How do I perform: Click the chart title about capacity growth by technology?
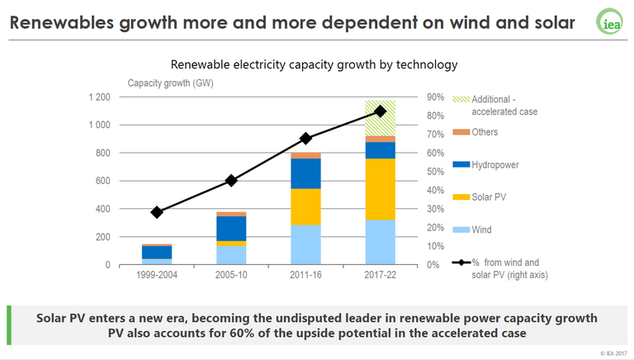point(314,64)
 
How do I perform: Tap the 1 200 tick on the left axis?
point(99,97)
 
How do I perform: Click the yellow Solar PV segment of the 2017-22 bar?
point(380,188)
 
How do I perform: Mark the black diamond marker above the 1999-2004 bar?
point(157,212)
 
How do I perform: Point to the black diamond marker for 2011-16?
point(305,139)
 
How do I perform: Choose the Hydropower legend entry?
point(495,164)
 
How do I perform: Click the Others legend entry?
point(485,133)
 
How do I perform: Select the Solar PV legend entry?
point(490,197)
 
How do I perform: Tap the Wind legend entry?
point(481,230)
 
